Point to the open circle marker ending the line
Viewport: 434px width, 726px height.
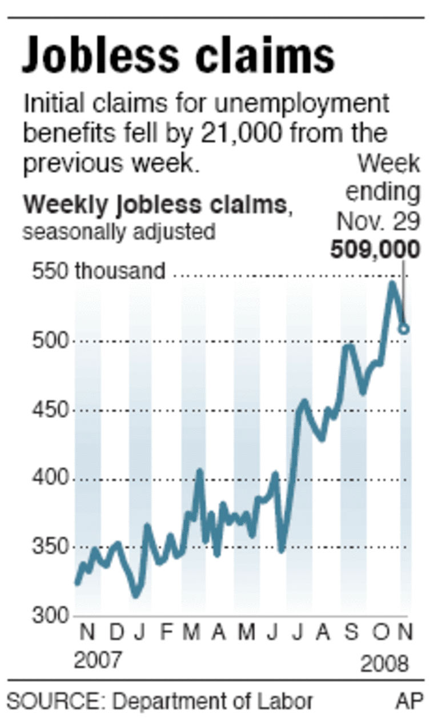click(x=404, y=329)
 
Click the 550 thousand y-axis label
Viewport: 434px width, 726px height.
click(x=99, y=271)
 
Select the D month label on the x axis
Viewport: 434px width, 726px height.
click(x=116, y=633)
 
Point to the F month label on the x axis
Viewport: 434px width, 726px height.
click(x=166, y=633)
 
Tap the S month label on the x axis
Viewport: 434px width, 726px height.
click(x=352, y=633)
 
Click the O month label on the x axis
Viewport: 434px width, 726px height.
click(x=380, y=633)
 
